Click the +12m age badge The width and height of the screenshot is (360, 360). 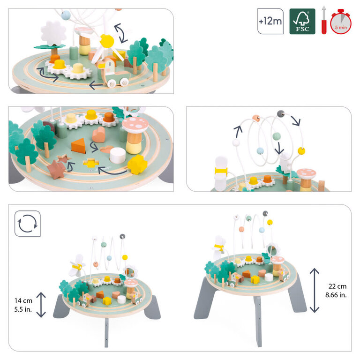[270, 21]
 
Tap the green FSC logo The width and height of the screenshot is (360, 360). [302, 21]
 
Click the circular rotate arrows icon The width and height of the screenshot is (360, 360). [27, 223]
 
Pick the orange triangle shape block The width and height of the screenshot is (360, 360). [78, 145]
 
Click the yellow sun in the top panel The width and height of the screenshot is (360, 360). [107, 41]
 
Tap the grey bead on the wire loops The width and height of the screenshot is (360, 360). [281, 113]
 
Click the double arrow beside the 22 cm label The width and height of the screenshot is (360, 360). [315, 290]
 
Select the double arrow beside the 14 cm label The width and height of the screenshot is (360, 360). [42, 304]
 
